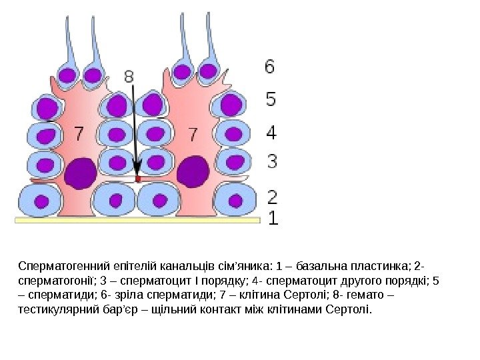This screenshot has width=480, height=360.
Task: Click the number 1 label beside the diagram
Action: click(x=272, y=218)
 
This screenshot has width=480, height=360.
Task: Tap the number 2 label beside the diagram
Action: click(x=272, y=197)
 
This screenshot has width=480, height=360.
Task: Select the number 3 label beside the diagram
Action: click(x=272, y=161)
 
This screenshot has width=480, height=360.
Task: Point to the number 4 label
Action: click(x=271, y=133)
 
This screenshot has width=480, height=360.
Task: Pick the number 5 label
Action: click(x=271, y=99)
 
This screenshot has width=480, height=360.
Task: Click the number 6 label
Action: click(x=269, y=67)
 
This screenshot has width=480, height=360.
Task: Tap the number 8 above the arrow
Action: click(x=129, y=77)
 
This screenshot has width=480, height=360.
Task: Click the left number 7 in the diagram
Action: click(x=79, y=134)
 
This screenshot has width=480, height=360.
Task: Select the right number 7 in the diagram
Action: click(x=193, y=135)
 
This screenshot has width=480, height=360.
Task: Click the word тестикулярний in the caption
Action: click(x=53, y=309)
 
